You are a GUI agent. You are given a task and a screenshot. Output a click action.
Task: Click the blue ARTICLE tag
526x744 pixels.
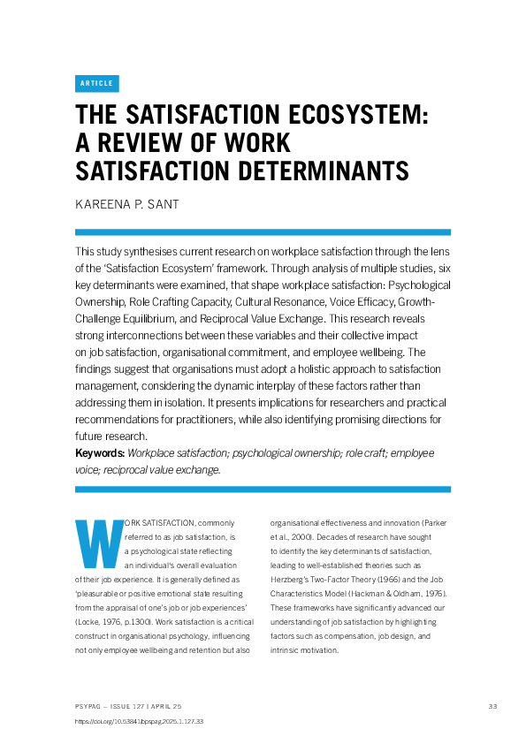96,83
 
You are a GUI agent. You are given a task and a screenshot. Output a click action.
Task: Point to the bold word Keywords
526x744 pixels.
100,452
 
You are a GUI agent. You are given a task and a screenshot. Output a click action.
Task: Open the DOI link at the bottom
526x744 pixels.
140,722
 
